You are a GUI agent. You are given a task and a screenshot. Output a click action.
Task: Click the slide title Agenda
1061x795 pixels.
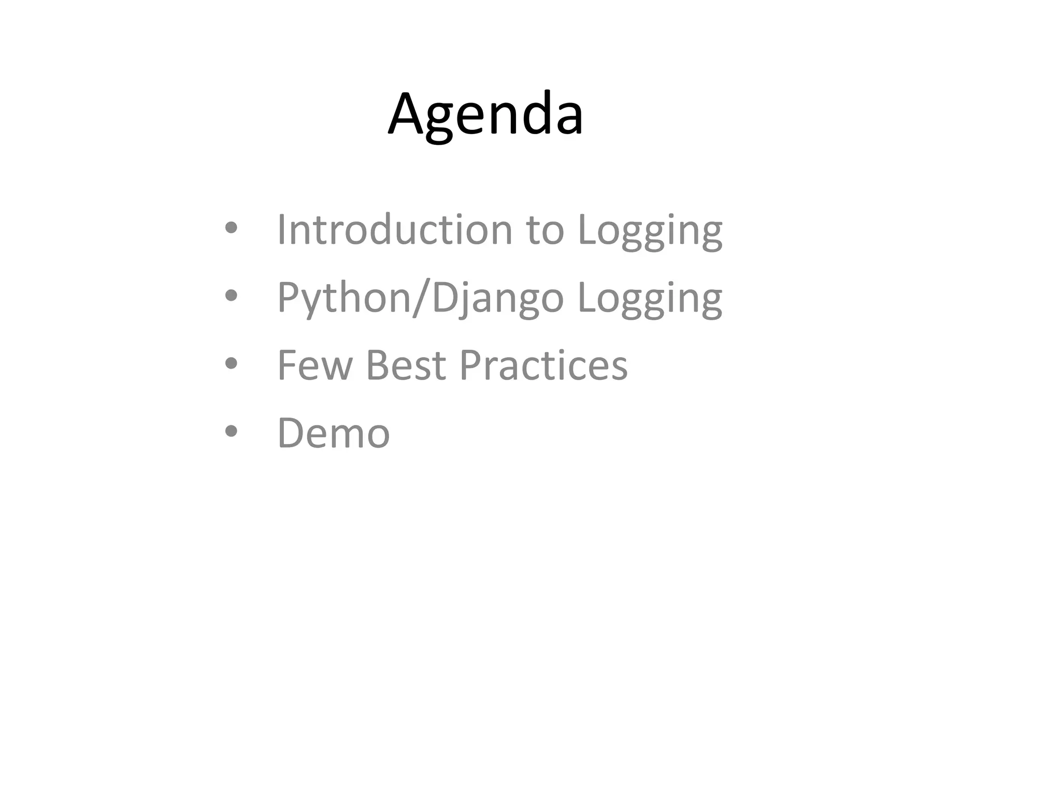(x=485, y=115)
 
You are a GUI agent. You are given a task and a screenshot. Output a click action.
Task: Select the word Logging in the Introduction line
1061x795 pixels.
(x=650, y=231)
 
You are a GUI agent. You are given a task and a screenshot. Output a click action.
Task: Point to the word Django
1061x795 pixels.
(x=497, y=298)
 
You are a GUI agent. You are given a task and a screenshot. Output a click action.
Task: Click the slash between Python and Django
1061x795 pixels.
(x=421, y=298)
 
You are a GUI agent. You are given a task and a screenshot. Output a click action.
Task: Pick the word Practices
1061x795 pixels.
(x=543, y=365)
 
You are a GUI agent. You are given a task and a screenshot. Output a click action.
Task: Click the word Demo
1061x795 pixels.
(x=333, y=433)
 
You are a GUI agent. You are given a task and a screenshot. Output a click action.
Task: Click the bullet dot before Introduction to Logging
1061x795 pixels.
(x=231, y=228)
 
